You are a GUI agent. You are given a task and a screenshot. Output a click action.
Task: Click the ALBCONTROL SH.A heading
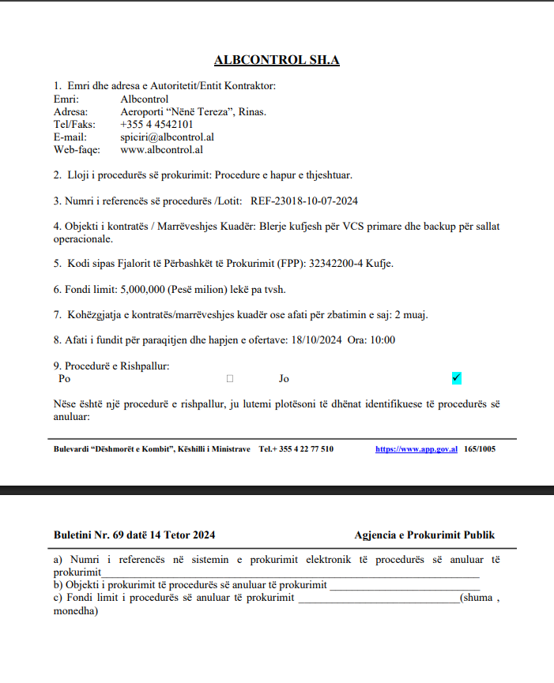[277, 60]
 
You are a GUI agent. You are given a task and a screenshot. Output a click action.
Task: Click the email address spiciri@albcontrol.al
[168, 137]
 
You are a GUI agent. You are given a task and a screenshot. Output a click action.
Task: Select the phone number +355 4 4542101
[156, 124]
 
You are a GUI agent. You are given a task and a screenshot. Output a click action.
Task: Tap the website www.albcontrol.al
[162, 149]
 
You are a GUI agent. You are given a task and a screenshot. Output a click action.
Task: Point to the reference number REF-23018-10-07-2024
[304, 201]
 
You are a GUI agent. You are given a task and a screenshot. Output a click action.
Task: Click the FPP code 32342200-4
[330, 262]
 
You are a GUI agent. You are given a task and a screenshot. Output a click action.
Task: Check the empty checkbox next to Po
[230, 379]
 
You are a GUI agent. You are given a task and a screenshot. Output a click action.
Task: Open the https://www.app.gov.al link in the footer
[416, 449]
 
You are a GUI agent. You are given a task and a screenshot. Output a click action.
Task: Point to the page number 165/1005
[479, 449]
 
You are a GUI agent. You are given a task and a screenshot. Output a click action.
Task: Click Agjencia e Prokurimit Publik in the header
[424, 535]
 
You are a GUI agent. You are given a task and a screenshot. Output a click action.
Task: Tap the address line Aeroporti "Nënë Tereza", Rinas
[193, 111]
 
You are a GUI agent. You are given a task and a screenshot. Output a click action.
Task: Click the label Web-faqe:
[77, 149]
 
